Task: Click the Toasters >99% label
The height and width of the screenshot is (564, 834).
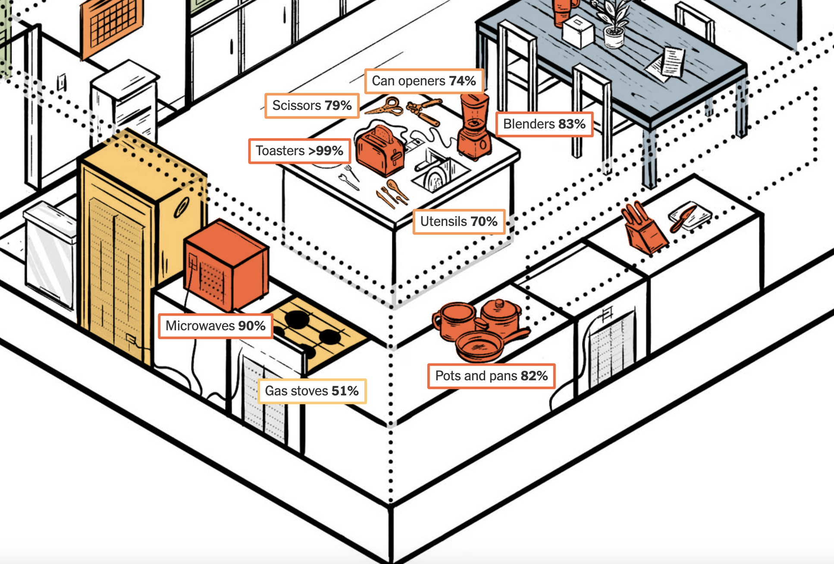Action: pos(299,151)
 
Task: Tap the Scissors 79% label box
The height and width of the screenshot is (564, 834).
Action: pos(312,106)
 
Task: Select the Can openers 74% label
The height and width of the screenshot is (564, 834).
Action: pos(424,81)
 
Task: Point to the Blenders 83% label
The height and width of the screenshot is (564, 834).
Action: pos(544,124)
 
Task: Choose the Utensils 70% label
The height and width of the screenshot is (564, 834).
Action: pos(459,222)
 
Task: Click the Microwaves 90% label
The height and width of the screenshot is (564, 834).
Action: pos(215,326)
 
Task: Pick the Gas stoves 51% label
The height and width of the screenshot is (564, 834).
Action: pos(312,391)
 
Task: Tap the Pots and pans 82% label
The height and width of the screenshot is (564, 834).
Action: pos(491,376)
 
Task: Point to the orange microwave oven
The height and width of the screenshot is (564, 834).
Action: pos(226,265)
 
